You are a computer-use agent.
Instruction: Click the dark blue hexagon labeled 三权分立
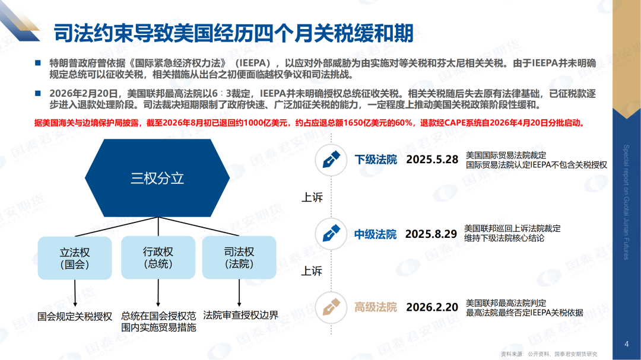click(157, 178)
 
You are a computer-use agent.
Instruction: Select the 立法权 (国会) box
click(75, 258)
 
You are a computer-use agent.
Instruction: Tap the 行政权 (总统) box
click(158, 257)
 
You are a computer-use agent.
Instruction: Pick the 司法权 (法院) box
click(239, 257)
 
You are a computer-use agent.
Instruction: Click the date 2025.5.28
click(432, 160)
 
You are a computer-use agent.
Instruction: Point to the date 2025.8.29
click(431, 234)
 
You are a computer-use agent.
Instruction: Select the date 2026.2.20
click(432, 307)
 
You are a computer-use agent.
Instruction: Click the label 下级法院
click(376, 160)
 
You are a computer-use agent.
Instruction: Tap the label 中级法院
click(375, 234)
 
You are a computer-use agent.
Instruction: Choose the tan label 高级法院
click(376, 307)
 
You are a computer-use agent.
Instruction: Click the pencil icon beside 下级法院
click(331, 160)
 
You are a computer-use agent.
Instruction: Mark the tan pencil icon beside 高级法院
click(331, 307)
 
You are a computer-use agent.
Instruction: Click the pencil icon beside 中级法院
click(331, 234)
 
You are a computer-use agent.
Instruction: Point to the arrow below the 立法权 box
click(75, 294)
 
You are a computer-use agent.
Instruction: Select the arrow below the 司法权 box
click(239, 294)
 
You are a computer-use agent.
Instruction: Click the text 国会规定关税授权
click(75, 317)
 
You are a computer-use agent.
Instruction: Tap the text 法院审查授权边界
click(241, 316)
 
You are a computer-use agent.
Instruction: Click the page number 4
click(627, 344)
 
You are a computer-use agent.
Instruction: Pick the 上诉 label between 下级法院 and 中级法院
click(312, 197)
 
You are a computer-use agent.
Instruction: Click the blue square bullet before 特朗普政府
click(38, 63)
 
